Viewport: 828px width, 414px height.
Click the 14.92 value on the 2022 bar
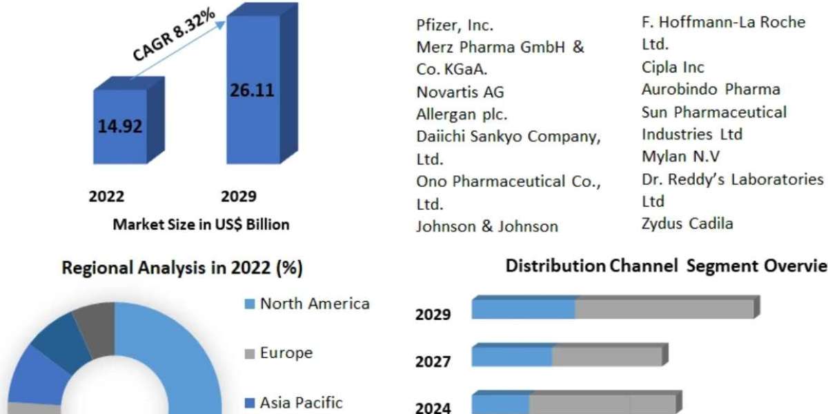(121, 126)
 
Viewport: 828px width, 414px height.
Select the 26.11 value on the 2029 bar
(253, 92)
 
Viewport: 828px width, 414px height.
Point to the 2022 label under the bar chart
(107, 197)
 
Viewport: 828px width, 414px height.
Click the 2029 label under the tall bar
(238, 197)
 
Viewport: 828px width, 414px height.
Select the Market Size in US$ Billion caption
(201, 224)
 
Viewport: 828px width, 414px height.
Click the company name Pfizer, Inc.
(455, 26)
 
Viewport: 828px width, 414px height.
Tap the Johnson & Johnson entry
(487, 226)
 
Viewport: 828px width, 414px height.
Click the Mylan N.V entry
(680, 157)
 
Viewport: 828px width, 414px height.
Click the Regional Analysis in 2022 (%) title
(182, 268)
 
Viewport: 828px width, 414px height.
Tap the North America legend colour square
(250, 304)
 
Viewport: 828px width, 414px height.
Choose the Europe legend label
(286, 353)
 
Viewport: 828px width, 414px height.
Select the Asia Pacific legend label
(301, 403)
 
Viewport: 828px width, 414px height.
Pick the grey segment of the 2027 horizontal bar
(607, 356)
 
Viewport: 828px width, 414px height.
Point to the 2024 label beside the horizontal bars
(433, 408)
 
